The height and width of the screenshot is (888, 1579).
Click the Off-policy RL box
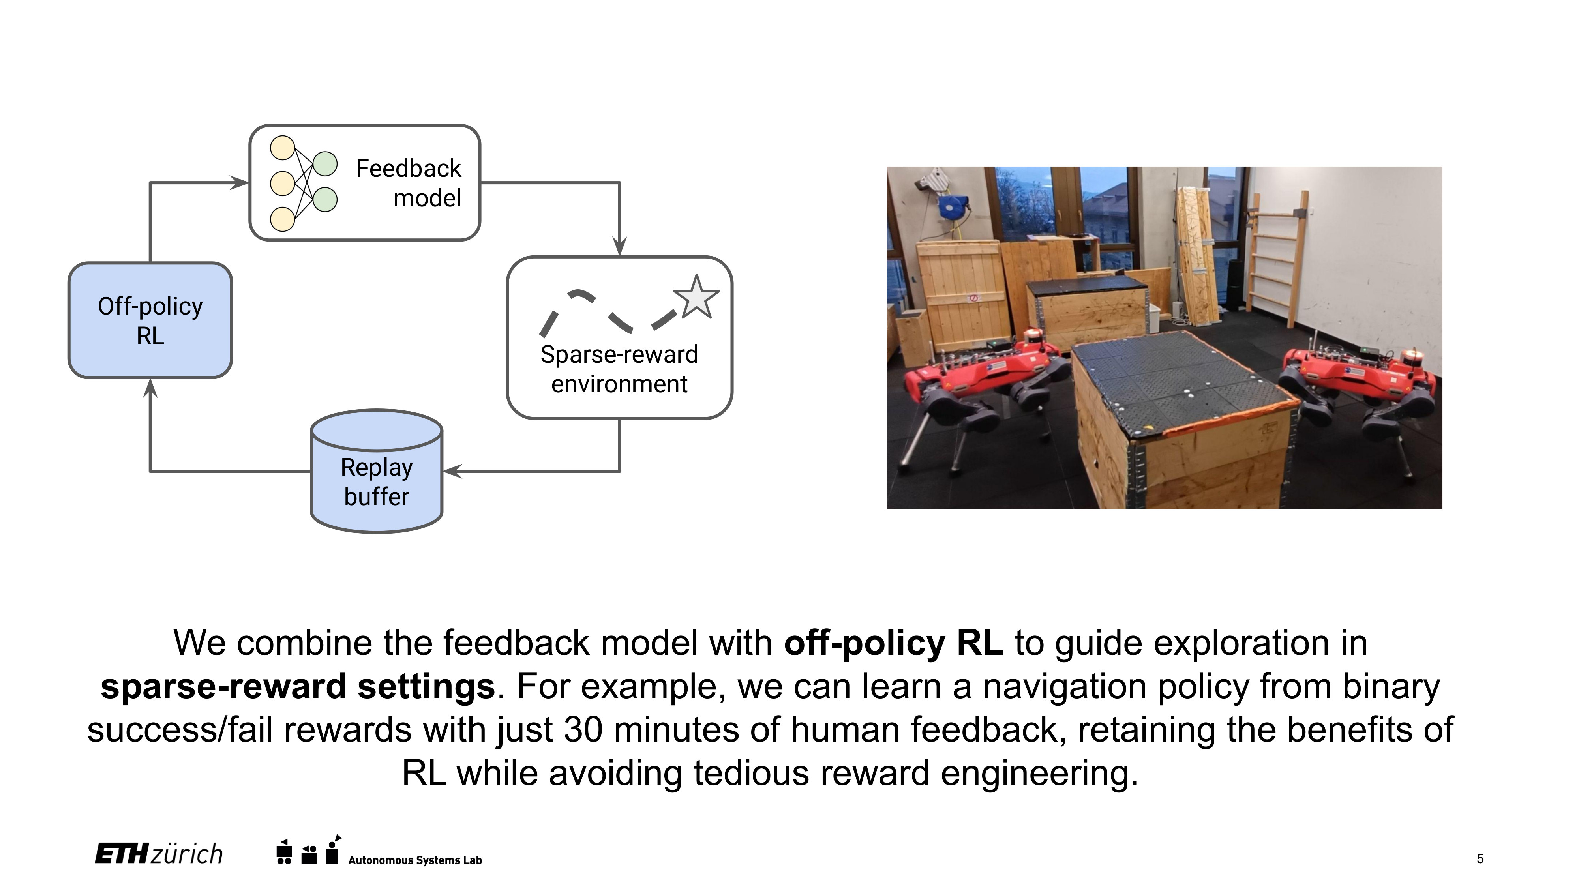pyautogui.click(x=150, y=320)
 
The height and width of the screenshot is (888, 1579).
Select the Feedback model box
pyautogui.click(x=365, y=183)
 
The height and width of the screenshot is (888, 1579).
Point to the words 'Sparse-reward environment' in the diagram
pyautogui.click(x=619, y=369)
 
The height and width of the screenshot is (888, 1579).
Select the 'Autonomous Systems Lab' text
pyautogui.click(x=415, y=860)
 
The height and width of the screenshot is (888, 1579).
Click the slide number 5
pyautogui.click(x=1480, y=858)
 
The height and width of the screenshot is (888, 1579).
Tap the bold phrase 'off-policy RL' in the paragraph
pyautogui.click(x=893, y=643)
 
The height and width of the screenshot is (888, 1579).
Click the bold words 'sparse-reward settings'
pyautogui.click(x=298, y=686)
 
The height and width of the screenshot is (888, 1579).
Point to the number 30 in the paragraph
pyautogui.click(x=583, y=730)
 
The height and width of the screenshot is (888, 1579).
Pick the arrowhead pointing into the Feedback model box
pyautogui.click(x=239, y=183)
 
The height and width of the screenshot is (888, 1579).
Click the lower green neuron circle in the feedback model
pyautogui.click(x=325, y=200)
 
